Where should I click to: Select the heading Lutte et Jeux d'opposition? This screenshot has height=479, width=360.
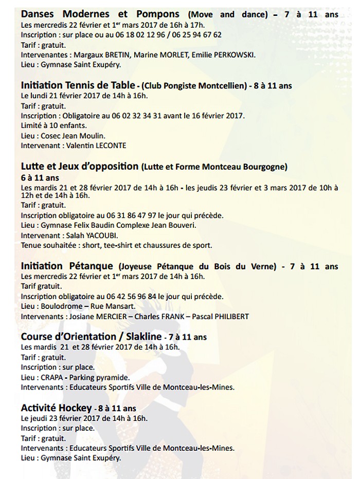coord(80,167)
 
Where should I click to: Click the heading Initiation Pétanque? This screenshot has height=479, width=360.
coord(67,266)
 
